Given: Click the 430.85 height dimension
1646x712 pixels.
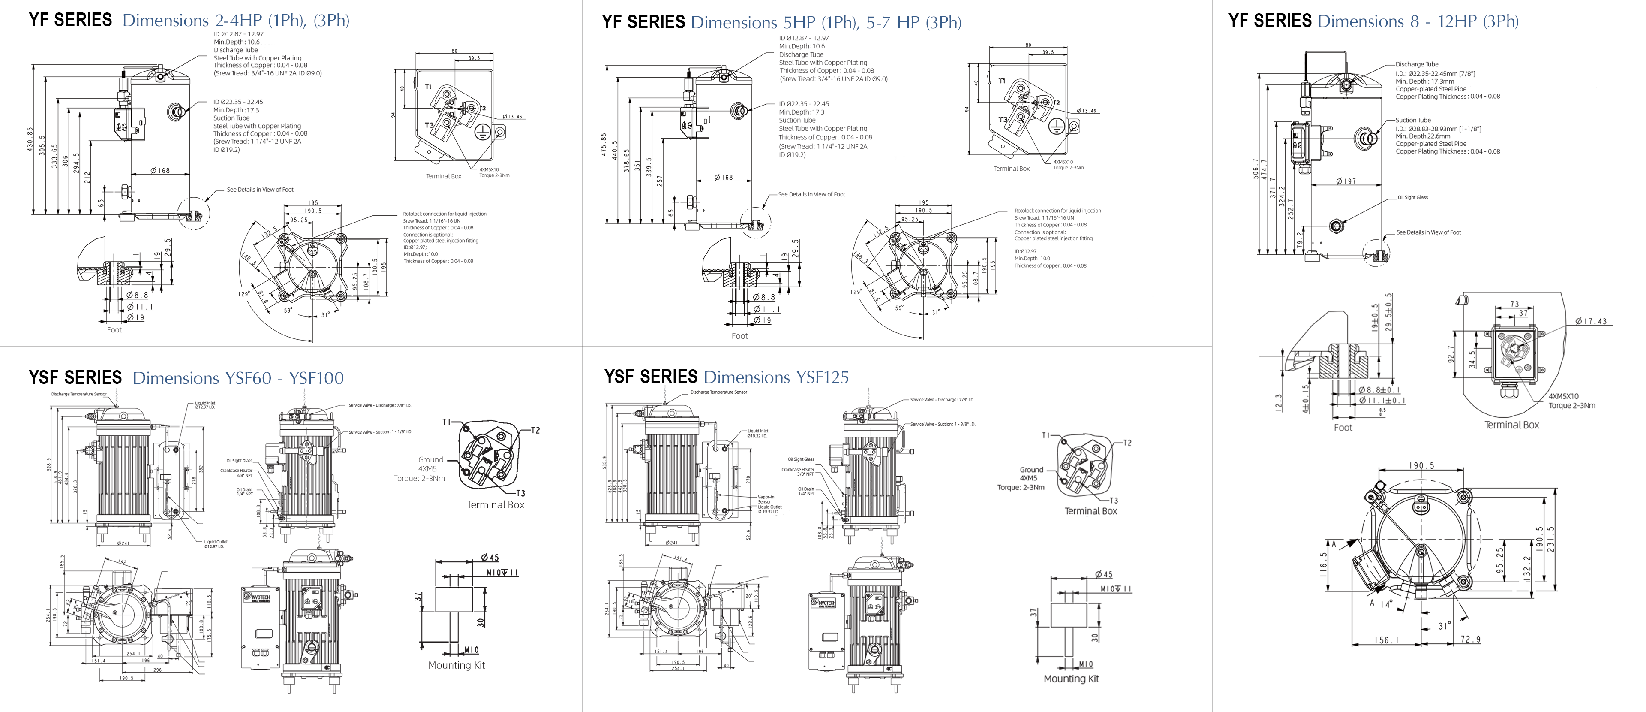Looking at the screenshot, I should tap(30, 139).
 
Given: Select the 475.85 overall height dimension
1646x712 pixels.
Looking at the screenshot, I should tap(604, 145).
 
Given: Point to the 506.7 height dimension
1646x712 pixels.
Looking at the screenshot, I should tap(1256, 169).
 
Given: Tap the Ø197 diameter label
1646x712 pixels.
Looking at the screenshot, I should tap(1346, 181).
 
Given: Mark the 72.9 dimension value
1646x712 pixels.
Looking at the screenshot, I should tap(1470, 639).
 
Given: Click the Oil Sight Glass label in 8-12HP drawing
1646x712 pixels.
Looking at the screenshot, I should tap(1412, 197).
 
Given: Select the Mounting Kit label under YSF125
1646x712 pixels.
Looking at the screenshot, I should tap(1071, 679).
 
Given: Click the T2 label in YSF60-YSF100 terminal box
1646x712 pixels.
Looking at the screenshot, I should tap(535, 430).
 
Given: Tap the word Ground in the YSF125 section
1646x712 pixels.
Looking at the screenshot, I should tap(1031, 470).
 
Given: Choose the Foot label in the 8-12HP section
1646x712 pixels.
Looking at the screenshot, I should tap(1343, 428).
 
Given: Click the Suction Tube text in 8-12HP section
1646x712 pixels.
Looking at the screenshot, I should tap(1413, 120).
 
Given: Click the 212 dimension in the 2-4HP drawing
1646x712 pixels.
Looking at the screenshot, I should tap(87, 177).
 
